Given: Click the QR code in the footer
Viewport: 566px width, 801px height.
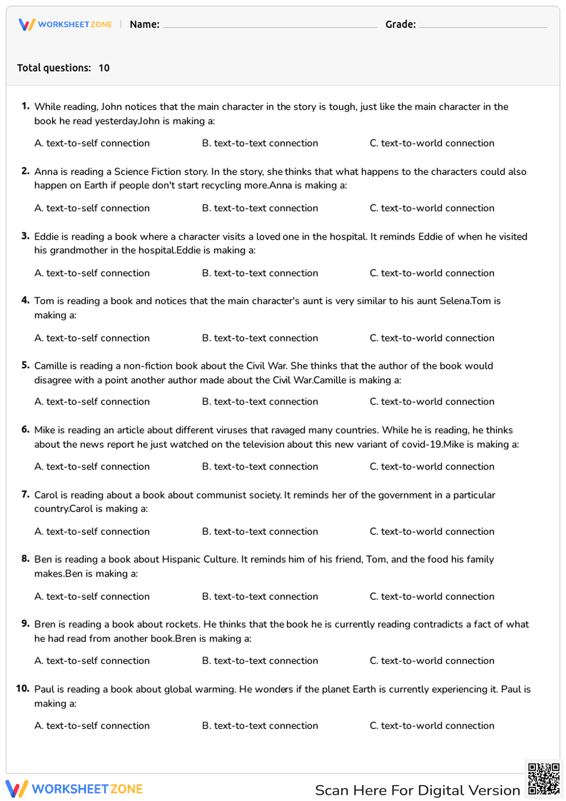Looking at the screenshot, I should point(544,779).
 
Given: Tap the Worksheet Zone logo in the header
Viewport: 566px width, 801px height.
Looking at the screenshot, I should point(66,24).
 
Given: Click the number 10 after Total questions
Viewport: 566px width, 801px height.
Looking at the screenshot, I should point(104,68).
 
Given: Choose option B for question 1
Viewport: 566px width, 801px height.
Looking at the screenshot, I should point(260,143).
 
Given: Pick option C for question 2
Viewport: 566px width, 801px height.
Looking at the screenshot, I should point(432,208).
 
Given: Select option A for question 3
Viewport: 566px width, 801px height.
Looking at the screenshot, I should point(92,273).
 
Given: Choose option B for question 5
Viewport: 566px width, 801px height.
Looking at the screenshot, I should point(260,402).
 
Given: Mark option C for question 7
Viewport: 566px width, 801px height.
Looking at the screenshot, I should point(432,531).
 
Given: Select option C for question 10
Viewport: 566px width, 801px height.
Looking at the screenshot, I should point(432,726).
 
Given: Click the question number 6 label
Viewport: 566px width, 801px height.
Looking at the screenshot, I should point(25,430).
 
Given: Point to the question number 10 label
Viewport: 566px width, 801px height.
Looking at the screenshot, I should point(23,689).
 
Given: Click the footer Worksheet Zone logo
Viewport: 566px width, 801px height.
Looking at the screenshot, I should point(74,789).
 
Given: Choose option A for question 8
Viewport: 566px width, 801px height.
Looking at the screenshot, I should point(92,597).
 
